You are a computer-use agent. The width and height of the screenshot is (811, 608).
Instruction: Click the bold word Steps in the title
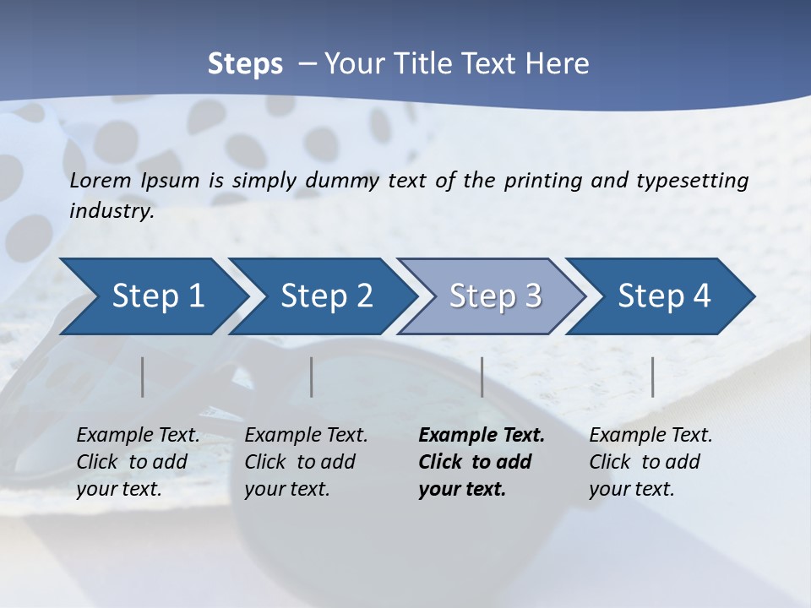pos(245,64)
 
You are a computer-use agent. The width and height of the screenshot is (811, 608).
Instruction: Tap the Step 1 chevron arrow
pos(152,296)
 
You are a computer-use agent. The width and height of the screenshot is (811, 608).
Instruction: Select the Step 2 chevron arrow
pos(325,296)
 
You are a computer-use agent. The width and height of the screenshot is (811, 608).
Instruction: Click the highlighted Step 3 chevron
pos(494,296)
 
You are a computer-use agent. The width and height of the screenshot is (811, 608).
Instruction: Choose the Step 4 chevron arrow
pos(663,296)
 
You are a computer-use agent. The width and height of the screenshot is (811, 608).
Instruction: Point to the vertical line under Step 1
pos(143,377)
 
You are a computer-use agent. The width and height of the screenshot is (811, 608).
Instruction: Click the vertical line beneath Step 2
pos(312,377)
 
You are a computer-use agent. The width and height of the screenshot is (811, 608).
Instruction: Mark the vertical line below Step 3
pos(482,377)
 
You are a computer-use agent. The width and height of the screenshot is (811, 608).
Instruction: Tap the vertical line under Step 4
pos(653,377)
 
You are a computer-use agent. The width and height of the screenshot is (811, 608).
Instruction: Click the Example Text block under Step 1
pos(138,462)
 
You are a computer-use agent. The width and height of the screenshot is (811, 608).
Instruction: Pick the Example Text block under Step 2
pos(306,462)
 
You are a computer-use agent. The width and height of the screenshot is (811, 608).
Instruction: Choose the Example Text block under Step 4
pos(650,462)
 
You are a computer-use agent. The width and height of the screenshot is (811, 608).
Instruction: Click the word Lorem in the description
pos(101,180)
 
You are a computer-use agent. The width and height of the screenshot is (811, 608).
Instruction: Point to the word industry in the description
pos(112,211)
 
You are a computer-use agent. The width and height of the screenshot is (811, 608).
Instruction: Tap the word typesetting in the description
pos(699,181)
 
